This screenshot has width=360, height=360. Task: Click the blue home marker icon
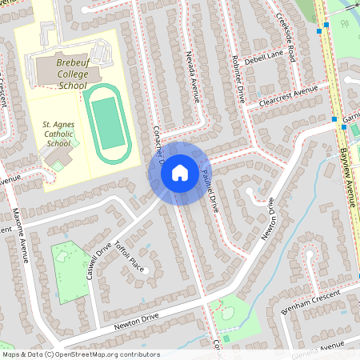click(x=180, y=172)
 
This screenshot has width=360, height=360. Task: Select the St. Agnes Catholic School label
click(x=60, y=134)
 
